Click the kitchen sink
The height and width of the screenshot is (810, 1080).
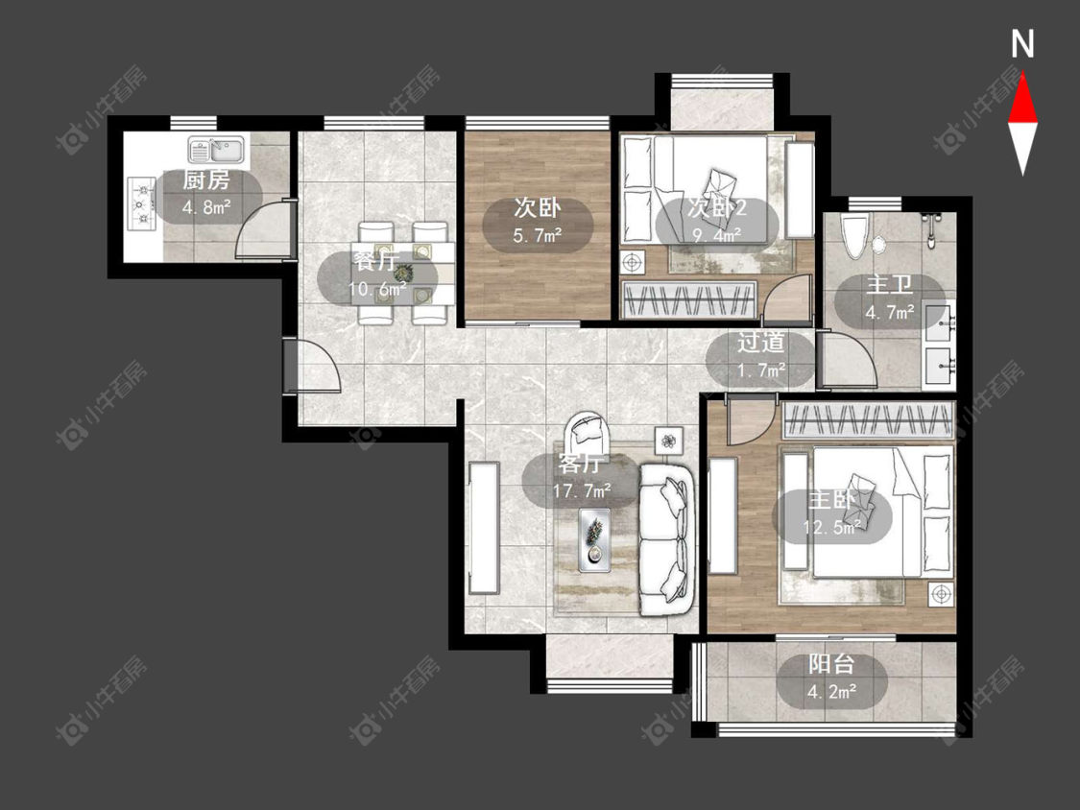coord(216,149)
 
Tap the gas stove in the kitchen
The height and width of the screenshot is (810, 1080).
coord(141,203)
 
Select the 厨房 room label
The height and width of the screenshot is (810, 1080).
coord(206,180)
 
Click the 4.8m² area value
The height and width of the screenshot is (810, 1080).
coord(206,206)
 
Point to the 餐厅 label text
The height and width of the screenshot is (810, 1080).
coord(375,262)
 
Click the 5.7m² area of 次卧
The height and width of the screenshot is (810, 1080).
coord(538,236)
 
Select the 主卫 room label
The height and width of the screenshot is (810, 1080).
coord(889,285)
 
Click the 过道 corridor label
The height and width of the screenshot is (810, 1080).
coord(761,343)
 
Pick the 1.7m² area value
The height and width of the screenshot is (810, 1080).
coord(761,370)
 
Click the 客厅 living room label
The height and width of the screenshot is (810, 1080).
coord(580,464)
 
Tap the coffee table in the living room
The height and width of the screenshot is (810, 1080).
coord(594,540)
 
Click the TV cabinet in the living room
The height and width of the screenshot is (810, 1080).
coord(484,528)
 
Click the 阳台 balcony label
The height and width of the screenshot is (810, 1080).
coord(831,664)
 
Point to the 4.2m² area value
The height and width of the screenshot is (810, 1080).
coord(831,691)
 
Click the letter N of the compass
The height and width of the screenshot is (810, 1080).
coord(1022,44)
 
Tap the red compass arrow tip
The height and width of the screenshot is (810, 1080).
coord(1022,74)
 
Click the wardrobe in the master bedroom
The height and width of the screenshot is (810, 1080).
coord(869,420)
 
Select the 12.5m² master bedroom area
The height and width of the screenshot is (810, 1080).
coord(831,528)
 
